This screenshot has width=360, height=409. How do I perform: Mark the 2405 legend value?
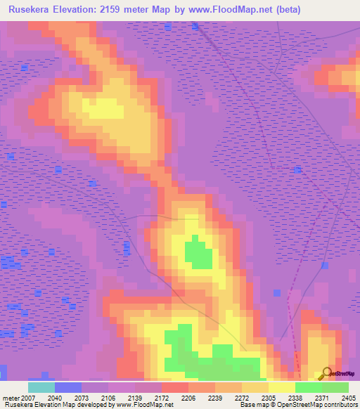coord(348,398)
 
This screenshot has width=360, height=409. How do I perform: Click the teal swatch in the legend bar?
coord(41,387)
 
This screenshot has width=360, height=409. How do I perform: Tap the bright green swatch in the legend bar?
coord(308,387)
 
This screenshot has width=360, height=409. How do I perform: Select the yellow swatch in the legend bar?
coord(281,387)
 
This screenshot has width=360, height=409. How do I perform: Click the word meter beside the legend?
coord(9,398)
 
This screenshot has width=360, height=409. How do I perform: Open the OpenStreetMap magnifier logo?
coord(325,372)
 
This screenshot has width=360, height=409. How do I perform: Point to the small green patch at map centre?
coord(197,254)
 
